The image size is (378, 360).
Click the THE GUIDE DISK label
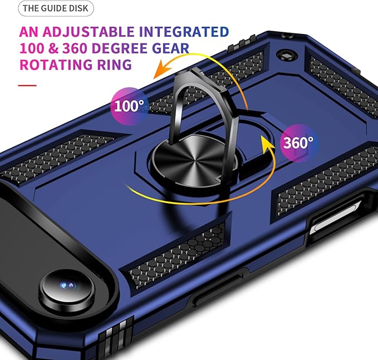(x=56, y=8)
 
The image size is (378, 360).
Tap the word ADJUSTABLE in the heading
(x=89, y=32)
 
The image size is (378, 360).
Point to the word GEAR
(x=170, y=48)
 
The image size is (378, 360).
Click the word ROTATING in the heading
(x=56, y=65)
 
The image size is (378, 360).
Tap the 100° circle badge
(x=129, y=106)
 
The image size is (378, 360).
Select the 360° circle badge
(x=299, y=143)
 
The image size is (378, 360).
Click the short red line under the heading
(x=27, y=85)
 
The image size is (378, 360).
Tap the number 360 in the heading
(x=75, y=48)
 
